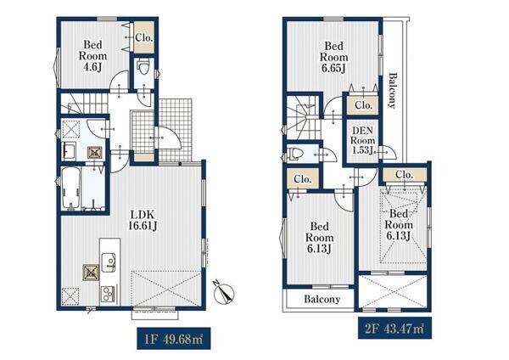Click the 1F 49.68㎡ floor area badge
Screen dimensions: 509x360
173,339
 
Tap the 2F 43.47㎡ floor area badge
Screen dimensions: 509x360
394,328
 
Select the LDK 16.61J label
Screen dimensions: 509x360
143,220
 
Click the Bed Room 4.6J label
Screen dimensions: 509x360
92,56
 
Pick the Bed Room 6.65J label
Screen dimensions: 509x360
333,57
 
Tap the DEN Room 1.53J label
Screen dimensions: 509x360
362,140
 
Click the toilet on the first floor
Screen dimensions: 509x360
143,67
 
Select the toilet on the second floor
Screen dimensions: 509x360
295,154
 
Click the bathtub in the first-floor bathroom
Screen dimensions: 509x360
70,188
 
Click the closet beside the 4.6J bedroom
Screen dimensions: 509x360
144,37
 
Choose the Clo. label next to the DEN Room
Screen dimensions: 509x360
363,105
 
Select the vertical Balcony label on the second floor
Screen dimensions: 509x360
393,90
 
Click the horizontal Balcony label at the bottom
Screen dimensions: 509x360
322,299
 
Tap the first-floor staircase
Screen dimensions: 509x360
84,104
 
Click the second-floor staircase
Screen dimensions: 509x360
303,117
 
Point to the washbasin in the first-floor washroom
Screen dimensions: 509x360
69,151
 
